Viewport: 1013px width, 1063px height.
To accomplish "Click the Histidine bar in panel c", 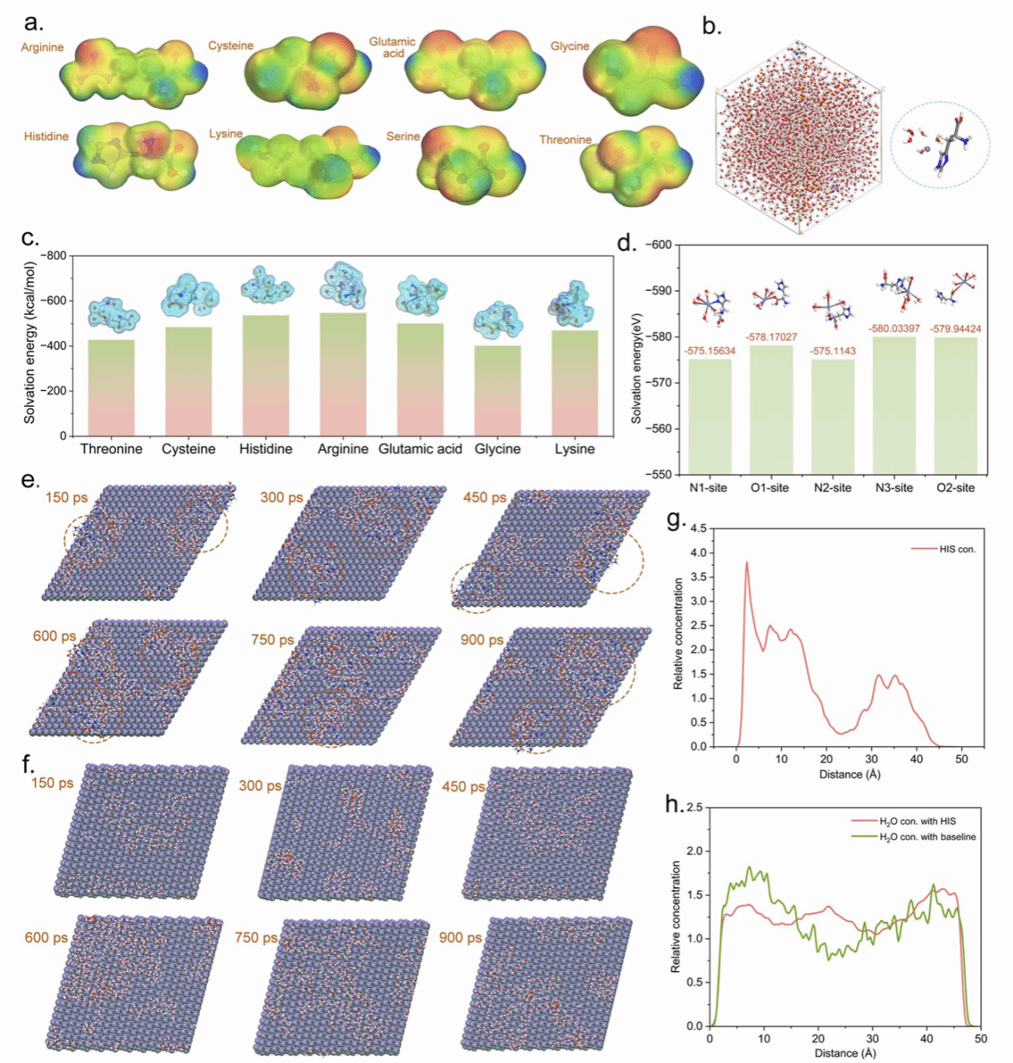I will (266, 376).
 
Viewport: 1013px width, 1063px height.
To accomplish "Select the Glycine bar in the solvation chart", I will (498, 391).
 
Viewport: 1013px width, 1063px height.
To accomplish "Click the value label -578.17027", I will (771, 337).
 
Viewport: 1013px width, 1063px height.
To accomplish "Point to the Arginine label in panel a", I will (42, 47).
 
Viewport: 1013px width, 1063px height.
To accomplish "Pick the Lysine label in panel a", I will (226, 133).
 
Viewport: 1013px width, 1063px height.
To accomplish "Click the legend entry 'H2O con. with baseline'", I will (927, 837).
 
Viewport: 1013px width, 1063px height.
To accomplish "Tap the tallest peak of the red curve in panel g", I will (747, 563).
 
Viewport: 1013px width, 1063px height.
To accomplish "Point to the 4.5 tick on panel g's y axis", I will (697, 528).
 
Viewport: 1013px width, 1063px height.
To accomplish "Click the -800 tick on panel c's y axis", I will (54, 256).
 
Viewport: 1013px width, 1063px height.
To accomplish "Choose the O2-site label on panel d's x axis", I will (955, 488).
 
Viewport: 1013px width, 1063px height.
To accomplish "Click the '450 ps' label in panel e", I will (484, 497).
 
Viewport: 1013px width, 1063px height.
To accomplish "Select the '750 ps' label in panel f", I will (256, 938).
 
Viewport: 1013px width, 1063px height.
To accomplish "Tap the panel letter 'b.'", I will (712, 26).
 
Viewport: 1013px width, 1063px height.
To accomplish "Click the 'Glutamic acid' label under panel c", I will (420, 449).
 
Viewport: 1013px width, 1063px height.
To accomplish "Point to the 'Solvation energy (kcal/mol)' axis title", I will (30, 343).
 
